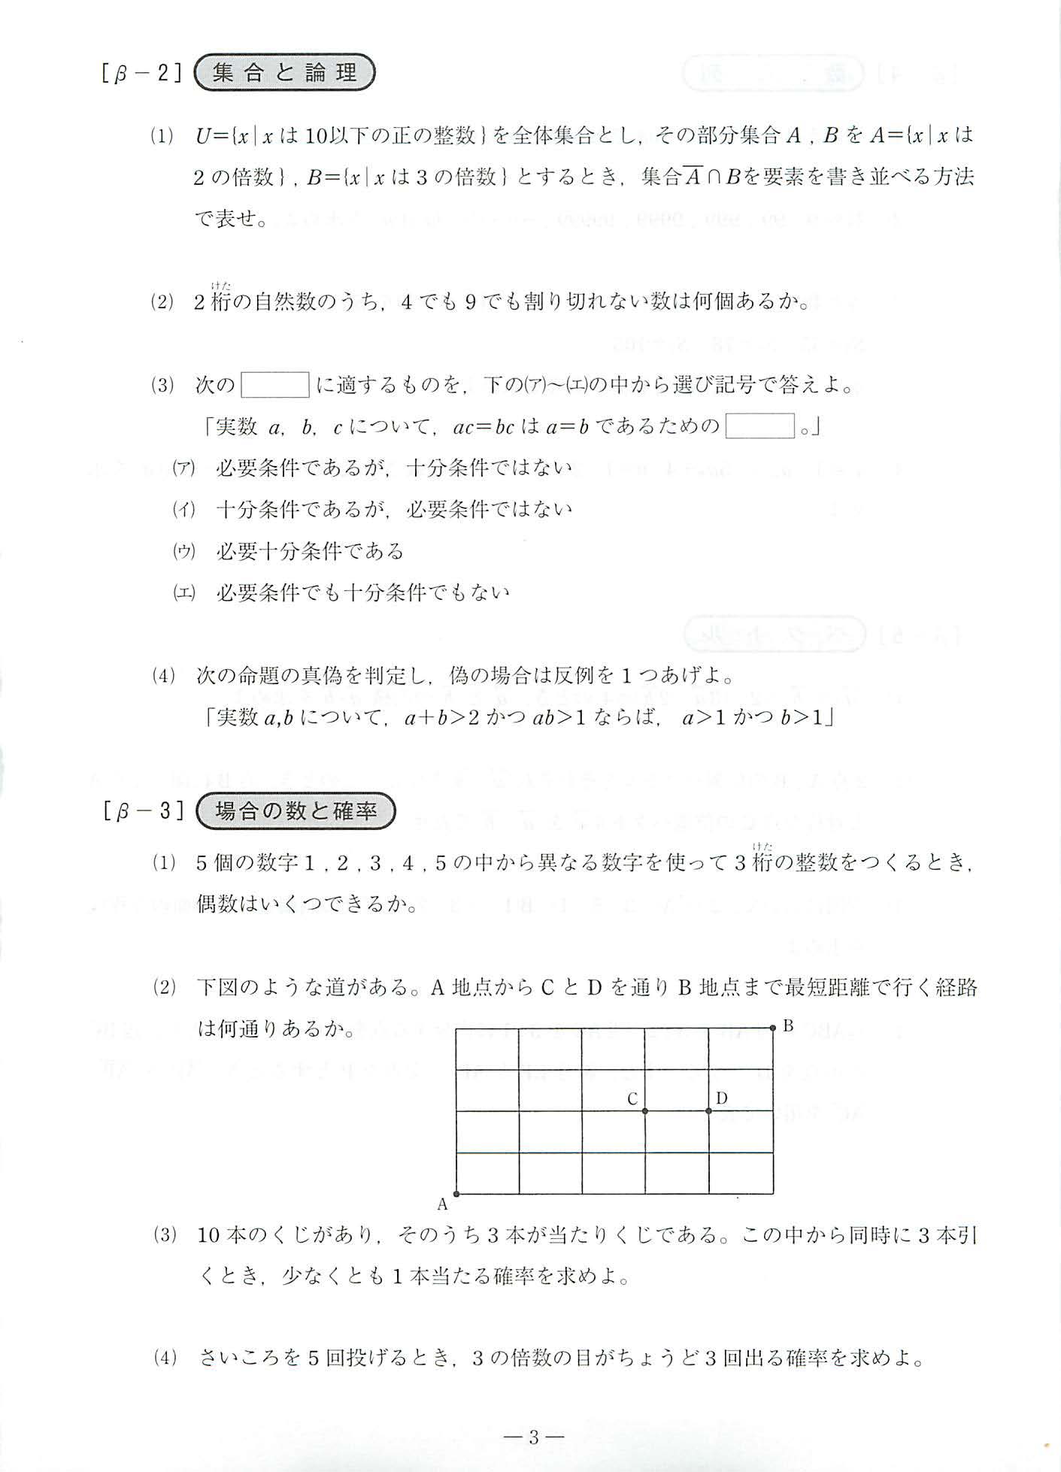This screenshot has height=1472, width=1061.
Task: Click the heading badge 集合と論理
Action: (x=284, y=73)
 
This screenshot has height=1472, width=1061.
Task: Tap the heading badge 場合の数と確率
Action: (x=295, y=811)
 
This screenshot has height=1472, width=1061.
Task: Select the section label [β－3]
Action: (x=144, y=812)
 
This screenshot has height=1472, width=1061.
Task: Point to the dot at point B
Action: (x=772, y=1028)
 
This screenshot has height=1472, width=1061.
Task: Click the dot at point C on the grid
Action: (x=645, y=1110)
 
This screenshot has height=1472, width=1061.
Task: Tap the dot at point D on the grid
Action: (x=708, y=1110)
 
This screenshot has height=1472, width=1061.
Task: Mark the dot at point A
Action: (x=456, y=1193)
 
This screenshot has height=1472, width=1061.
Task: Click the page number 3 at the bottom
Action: (x=533, y=1438)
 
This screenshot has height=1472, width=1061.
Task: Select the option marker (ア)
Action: (x=183, y=468)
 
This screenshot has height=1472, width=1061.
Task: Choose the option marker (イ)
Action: (x=183, y=510)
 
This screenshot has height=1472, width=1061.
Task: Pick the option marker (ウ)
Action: (x=183, y=551)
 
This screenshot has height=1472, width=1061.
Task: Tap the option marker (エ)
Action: (x=183, y=592)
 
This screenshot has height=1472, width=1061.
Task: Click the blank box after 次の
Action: (x=275, y=385)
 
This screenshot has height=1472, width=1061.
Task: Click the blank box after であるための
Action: (x=759, y=426)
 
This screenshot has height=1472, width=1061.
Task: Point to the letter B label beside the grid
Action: (x=788, y=1025)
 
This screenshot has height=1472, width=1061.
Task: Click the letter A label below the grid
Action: (x=443, y=1204)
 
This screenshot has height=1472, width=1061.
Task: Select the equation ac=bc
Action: (x=484, y=427)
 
